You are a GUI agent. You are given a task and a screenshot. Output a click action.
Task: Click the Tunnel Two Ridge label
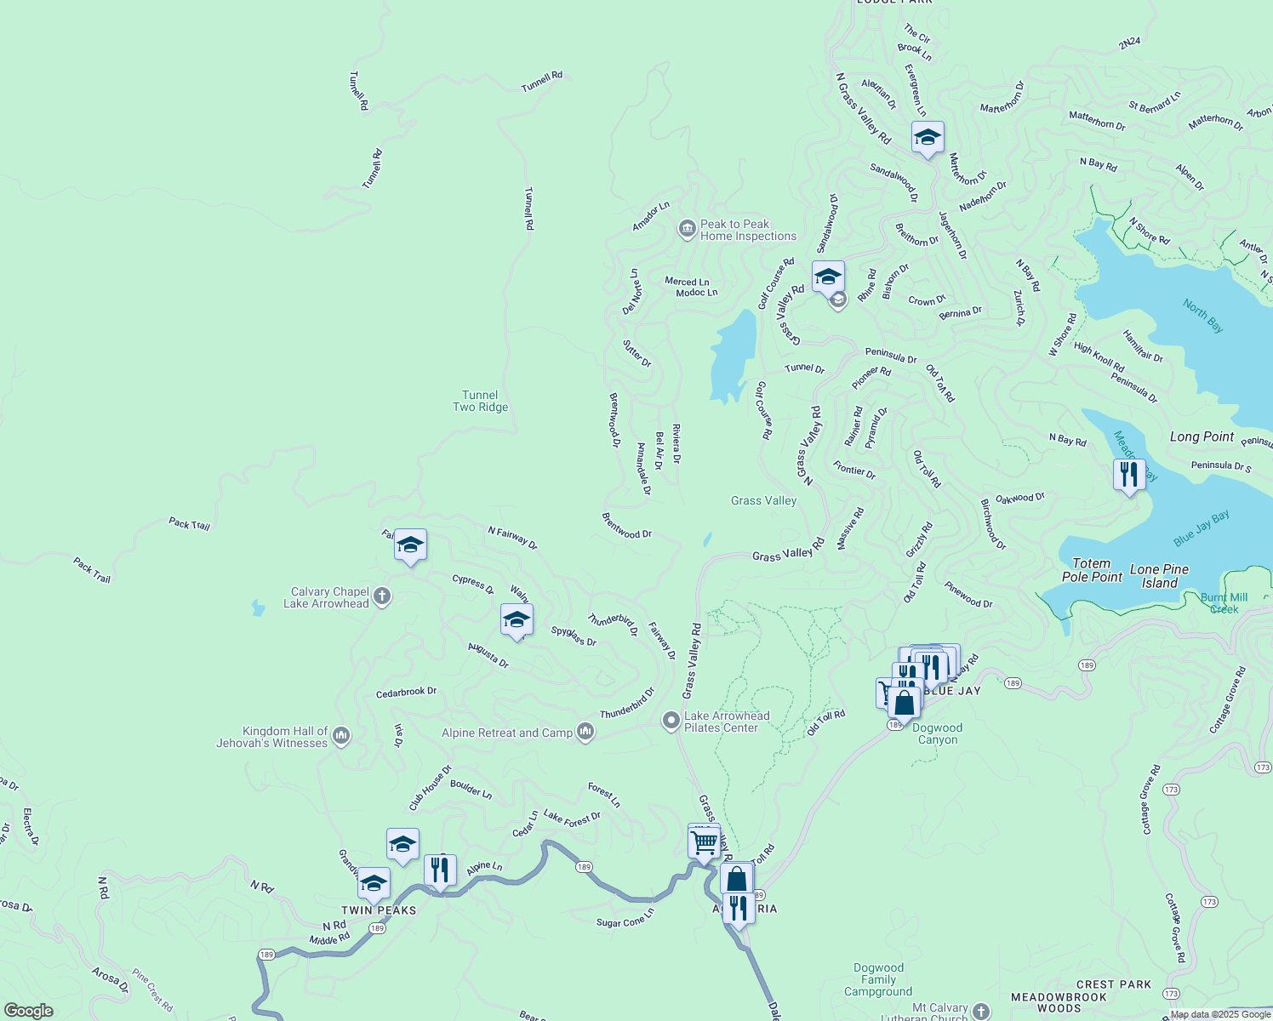coord(480,401)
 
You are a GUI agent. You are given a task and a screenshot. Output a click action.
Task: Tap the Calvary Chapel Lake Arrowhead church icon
coord(382,596)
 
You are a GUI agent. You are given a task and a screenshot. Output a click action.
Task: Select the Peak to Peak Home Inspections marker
coord(687,230)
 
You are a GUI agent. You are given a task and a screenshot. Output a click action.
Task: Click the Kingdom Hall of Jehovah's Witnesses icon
coord(341,736)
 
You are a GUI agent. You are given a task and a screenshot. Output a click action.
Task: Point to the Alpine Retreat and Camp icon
coord(585,732)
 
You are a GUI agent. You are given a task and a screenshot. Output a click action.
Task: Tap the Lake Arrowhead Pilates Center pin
coord(671,722)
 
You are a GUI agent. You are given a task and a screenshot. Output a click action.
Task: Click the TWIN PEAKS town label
coord(380,910)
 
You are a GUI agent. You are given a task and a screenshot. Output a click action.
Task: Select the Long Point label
coord(1202,436)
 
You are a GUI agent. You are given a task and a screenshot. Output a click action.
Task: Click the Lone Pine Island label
coord(1159,576)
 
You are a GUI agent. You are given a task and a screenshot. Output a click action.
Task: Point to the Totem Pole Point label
coord(1092,570)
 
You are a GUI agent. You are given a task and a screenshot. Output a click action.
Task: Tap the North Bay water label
coord(1203,315)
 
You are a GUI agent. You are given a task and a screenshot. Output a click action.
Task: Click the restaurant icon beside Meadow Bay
coord(1128,474)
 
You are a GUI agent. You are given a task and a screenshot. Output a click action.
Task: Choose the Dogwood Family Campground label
coord(878,979)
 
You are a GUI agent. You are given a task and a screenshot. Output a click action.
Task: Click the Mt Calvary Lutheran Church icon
coord(981,1011)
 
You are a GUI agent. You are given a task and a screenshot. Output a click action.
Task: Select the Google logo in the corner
coord(29,1011)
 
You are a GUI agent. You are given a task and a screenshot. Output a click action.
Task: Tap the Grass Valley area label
coord(763,500)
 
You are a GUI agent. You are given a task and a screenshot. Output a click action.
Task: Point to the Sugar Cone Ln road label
coord(625,918)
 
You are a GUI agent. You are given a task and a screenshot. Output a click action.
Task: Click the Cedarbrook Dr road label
coord(406,693)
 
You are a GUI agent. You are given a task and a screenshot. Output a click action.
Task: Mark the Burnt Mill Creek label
coord(1224,603)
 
